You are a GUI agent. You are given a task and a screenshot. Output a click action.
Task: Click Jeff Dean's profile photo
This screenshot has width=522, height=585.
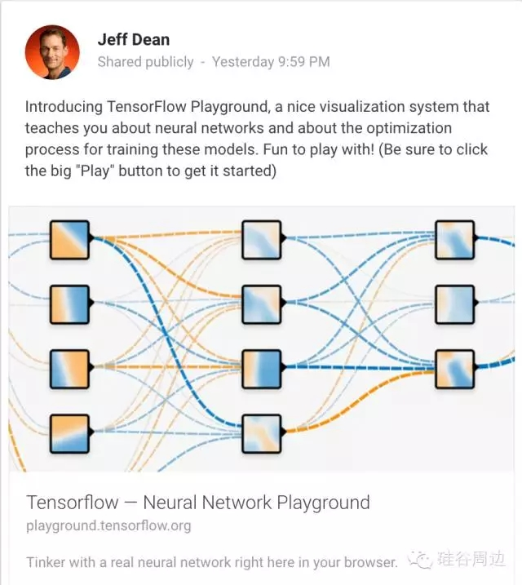tap(53, 51)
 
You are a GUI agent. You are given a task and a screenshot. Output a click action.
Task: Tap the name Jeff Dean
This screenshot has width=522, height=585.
tap(133, 39)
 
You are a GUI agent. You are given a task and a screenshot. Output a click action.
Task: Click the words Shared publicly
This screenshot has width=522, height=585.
tap(145, 62)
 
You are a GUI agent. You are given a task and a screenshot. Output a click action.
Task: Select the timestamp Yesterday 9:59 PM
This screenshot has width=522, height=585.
tap(271, 62)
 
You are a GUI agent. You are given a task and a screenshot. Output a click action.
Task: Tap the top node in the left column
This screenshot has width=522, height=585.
tap(69, 241)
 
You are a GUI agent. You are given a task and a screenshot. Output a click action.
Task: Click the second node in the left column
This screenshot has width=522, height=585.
tap(69, 305)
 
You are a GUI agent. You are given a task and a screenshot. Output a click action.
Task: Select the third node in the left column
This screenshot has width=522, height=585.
tap(69, 369)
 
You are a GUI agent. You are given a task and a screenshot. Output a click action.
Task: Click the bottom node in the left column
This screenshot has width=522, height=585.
tap(69, 433)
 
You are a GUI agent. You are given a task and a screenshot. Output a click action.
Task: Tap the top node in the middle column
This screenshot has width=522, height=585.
tap(262, 241)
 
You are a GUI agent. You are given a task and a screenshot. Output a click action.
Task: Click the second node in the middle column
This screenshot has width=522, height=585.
tap(262, 305)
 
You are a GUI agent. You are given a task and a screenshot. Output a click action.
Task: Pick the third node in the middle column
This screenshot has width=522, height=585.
tap(262, 369)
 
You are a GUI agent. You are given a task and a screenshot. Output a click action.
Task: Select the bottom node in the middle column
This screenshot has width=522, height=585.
tap(262, 433)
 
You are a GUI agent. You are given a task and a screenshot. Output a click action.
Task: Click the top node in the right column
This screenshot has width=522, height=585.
tap(454, 241)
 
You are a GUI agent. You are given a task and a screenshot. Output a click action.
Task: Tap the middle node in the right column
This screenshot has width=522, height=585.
tap(454, 305)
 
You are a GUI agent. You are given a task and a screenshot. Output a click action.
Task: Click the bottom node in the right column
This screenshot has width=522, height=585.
tap(454, 369)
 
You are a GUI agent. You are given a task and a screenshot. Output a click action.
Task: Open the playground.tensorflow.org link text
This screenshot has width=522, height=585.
tap(108, 525)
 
